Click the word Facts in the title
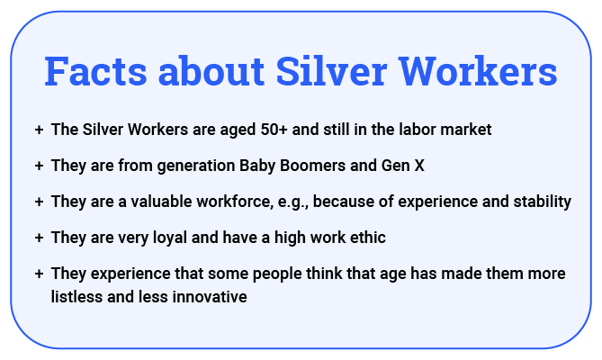pos(96,71)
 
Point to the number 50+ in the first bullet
pos(274,130)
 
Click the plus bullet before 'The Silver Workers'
pos(39,130)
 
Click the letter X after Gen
pos(419,166)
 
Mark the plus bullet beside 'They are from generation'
pos(39,166)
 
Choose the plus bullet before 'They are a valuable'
pos(39,202)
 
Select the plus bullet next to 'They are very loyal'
pos(39,238)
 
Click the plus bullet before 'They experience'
pos(39,274)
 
